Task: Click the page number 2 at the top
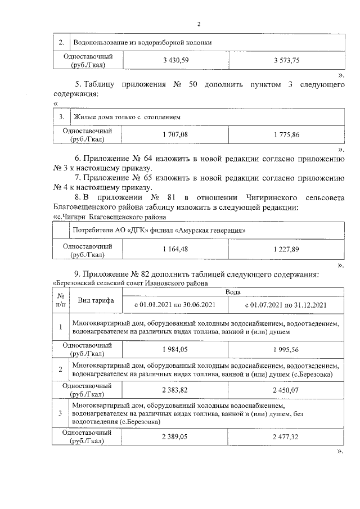(x=199, y=24)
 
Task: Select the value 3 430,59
(x=175, y=60)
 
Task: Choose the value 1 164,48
(x=175, y=249)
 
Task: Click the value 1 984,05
(x=175, y=349)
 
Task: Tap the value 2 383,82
(x=175, y=389)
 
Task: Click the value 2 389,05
(x=175, y=436)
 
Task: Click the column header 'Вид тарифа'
(x=96, y=300)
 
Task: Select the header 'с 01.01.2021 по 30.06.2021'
(x=175, y=305)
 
